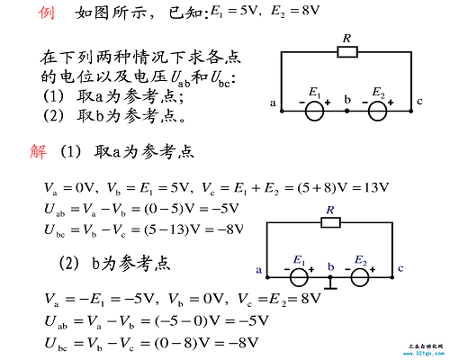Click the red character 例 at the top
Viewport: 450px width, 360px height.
click(47, 13)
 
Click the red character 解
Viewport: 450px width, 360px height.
click(39, 151)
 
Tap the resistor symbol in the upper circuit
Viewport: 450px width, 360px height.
click(347, 52)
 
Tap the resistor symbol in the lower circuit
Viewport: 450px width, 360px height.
click(330, 222)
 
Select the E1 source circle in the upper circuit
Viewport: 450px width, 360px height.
click(314, 111)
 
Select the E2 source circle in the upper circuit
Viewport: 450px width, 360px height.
click(377, 111)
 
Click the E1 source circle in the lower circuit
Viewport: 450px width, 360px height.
click(299, 277)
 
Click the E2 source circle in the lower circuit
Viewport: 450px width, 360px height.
click(360, 277)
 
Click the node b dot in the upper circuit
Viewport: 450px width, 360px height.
click(346, 111)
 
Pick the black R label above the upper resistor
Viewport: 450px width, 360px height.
click(346, 39)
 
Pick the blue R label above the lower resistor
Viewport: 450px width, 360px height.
click(330, 210)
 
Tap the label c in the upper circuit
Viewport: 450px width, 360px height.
click(419, 102)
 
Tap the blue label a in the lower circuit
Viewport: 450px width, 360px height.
click(259, 270)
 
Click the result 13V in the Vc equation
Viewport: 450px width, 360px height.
click(376, 188)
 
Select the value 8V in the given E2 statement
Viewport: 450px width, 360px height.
click(310, 11)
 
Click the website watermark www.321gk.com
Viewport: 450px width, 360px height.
click(424, 354)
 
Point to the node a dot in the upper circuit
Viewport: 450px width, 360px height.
click(282, 112)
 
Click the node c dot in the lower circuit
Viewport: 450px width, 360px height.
click(392, 277)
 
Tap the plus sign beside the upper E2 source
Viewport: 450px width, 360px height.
click(391, 103)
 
